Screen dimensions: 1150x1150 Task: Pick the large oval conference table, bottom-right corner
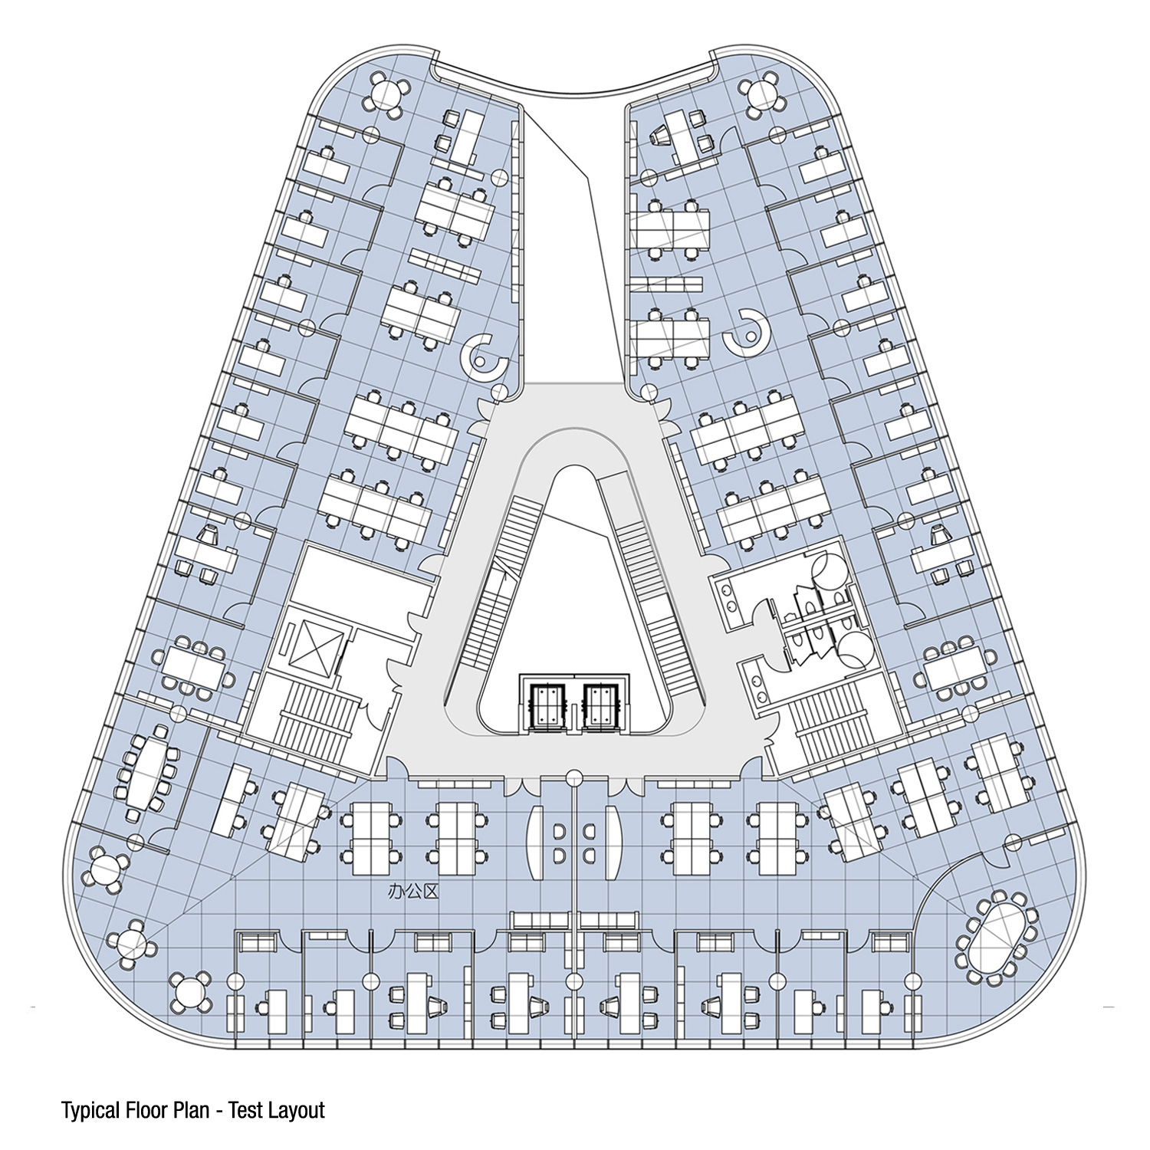click(x=996, y=937)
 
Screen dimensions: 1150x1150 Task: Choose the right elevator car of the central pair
click(x=600, y=702)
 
